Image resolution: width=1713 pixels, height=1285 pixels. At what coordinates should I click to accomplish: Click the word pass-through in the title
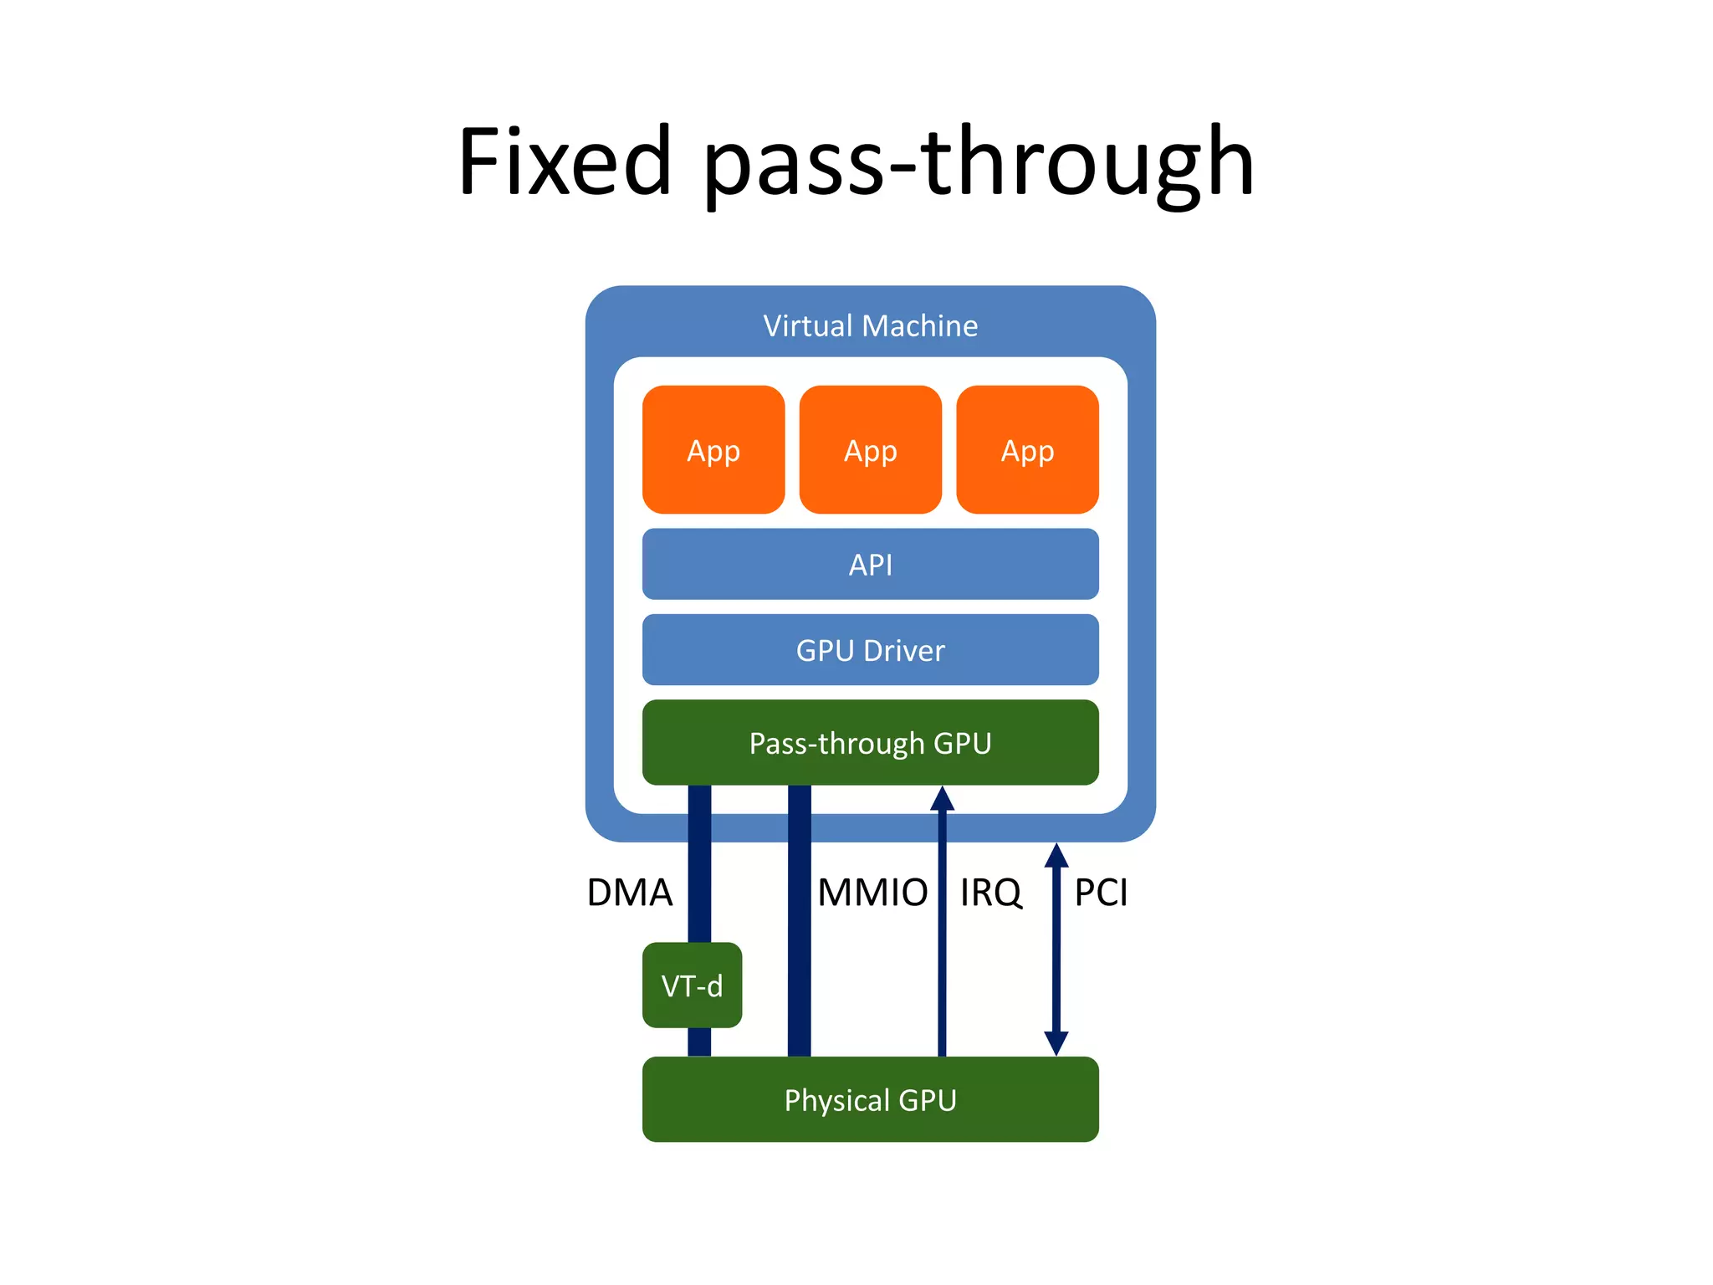pos(979,162)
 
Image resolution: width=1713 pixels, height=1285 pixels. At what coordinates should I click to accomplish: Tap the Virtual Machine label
pos(870,325)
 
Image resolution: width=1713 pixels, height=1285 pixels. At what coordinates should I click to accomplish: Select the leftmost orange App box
pos(713,450)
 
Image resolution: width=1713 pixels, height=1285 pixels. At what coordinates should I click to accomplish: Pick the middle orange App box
pos(870,450)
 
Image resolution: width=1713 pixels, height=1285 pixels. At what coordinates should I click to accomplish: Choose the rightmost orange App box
pos(1027,450)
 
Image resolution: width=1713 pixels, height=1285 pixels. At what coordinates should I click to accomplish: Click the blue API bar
pos(870,564)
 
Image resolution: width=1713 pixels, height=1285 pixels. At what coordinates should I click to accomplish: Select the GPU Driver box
pos(870,650)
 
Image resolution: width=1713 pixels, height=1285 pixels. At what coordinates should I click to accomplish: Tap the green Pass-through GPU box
pos(870,743)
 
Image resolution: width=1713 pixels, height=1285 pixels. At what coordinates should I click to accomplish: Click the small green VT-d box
pos(692,986)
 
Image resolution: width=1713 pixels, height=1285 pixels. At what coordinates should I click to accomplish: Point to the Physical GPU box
pos(870,1099)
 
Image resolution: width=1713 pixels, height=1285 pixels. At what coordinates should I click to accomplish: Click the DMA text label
pos(630,893)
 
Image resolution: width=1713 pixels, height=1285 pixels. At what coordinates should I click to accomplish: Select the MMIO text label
pos(872,893)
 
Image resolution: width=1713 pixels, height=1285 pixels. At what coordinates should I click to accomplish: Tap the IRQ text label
pos(990,893)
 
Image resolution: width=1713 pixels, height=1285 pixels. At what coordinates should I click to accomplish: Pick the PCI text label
pos(1101,893)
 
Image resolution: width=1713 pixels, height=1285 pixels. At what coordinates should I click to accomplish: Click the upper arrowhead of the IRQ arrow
pos(942,798)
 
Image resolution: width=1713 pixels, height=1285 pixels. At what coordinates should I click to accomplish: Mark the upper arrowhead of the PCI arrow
pos(1056,855)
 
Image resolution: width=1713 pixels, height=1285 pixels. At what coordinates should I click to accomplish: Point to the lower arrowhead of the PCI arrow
pos(1056,1043)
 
